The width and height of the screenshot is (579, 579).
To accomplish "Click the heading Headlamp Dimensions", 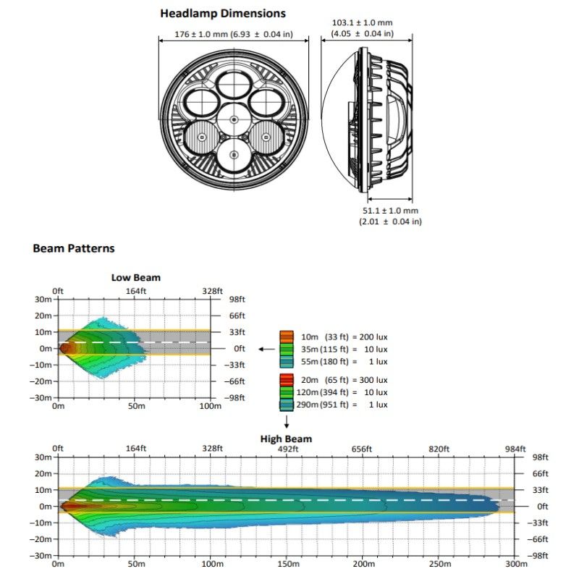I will point(223,13).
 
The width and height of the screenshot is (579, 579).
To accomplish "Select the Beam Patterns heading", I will point(74,248).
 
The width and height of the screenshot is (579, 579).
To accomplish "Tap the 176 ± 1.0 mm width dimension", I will point(233,34).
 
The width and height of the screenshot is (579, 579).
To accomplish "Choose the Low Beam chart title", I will point(136,277).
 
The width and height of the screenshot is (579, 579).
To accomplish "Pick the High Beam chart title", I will point(287,439).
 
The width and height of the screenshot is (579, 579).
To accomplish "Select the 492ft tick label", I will point(287,449).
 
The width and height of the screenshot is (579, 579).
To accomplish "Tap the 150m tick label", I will point(287,563).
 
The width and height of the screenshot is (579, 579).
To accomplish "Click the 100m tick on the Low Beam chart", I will point(210,406).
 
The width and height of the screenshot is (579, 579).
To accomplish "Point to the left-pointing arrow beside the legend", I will point(266,348).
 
